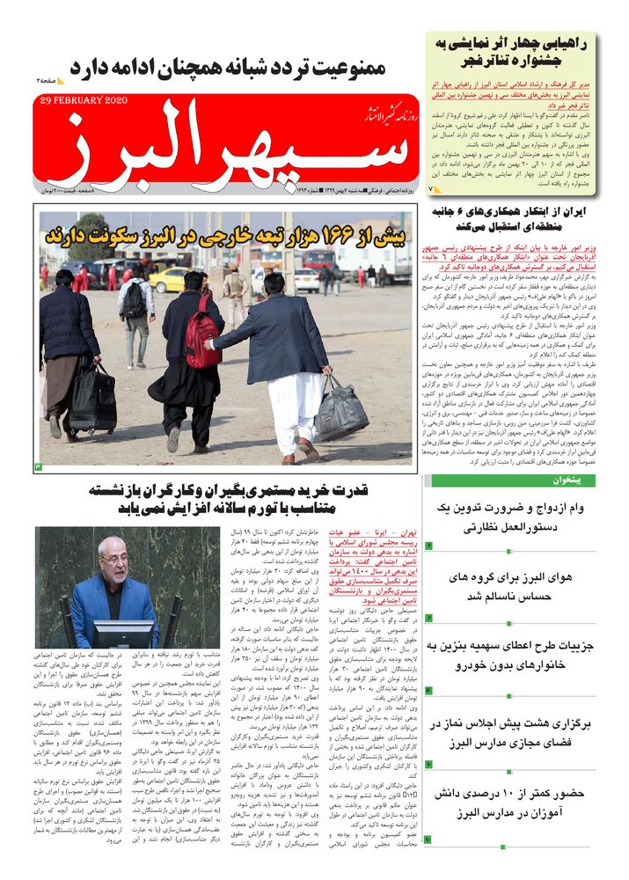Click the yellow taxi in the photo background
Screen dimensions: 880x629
[x=168, y=279]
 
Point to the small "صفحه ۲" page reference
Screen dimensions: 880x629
[x=48, y=79]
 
